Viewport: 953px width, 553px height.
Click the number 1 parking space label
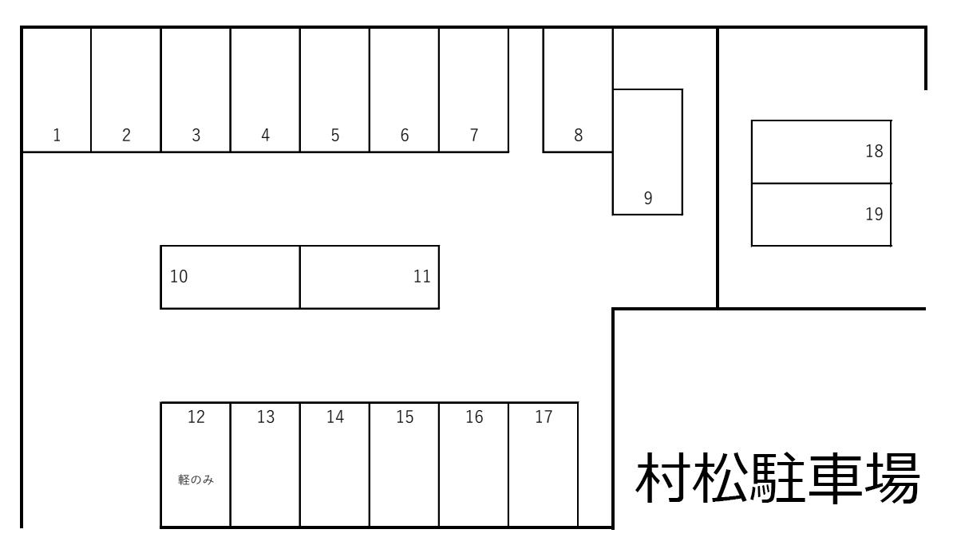click(x=57, y=135)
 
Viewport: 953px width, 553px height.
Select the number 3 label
click(x=196, y=135)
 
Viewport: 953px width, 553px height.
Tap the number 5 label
click(x=335, y=135)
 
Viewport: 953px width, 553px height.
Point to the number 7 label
click(x=474, y=135)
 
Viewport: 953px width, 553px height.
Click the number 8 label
click(x=579, y=135)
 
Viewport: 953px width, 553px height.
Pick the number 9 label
click(x=648, y=198)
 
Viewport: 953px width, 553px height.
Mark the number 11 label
click(x=422, y=277)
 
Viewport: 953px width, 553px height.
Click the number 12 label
click(x=196, y=417)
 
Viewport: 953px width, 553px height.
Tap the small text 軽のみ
click(x=196, y=480)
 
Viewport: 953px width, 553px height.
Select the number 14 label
click(x=335, y=417)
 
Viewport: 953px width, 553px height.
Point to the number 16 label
click(x=474, y=417)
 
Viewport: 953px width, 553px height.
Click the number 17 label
click(x=544, y=417)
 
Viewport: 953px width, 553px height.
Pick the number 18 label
click(x=874, y=151)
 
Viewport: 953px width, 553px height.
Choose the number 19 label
click(x=874, y=214)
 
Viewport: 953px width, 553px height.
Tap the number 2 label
click(x=126, y=135)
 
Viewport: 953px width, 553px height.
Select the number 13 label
click(x=266, y=417)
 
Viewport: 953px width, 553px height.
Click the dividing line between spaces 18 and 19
click(x=821, y=184)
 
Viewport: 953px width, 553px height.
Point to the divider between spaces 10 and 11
click(x=300, y=277)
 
